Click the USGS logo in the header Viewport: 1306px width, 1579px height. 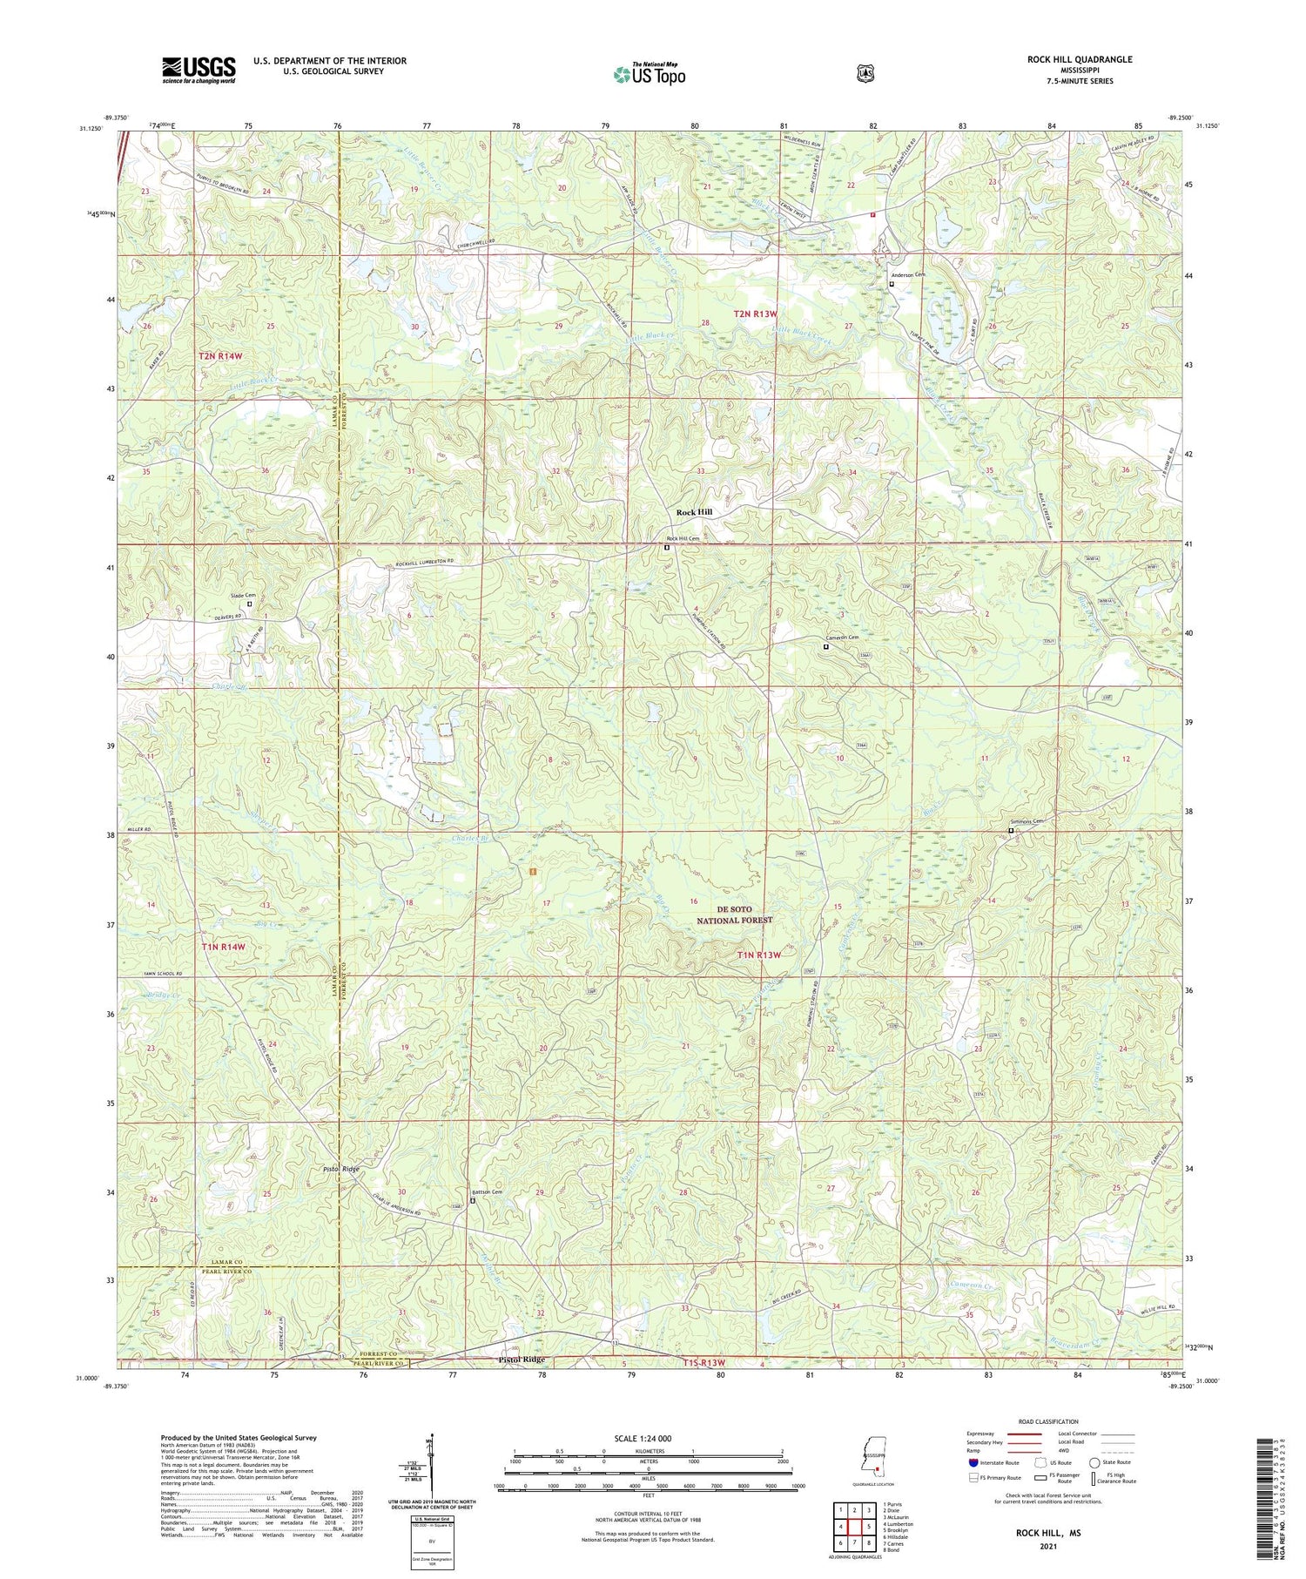[199, 70]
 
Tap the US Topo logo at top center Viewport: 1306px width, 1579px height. [649, 74]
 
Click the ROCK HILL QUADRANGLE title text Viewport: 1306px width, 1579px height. [1080, 59]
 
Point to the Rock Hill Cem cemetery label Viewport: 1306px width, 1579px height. [683, 538]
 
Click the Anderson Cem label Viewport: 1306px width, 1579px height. [908, 274]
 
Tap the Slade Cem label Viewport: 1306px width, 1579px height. [242, 595]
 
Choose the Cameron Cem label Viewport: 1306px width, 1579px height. [842, 638]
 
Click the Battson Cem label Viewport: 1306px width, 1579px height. [487, 1192]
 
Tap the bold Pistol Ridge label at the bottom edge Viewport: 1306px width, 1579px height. [521, 1360]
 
